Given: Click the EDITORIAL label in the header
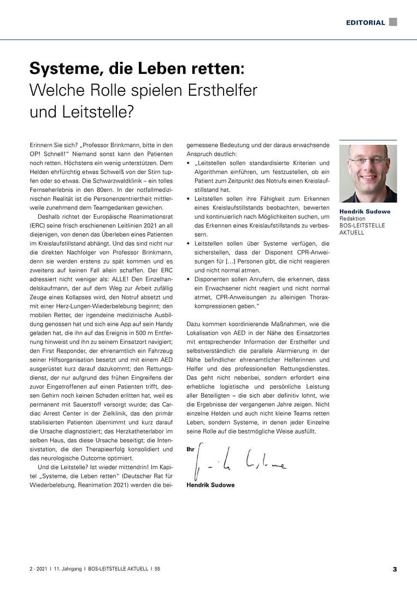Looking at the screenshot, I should coord(365,22).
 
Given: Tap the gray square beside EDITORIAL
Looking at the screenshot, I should coord(393,22).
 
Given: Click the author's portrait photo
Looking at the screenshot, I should coord(368,173).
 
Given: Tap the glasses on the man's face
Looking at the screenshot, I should coord(368,161).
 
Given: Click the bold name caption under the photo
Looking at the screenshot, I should coord(365,212).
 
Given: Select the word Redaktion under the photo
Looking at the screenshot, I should coord(353,219).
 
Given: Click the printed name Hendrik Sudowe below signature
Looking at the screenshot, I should coord(210,484).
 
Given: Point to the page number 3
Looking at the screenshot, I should coord(395,569).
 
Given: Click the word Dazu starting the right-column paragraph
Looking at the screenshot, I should coord(194,324).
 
